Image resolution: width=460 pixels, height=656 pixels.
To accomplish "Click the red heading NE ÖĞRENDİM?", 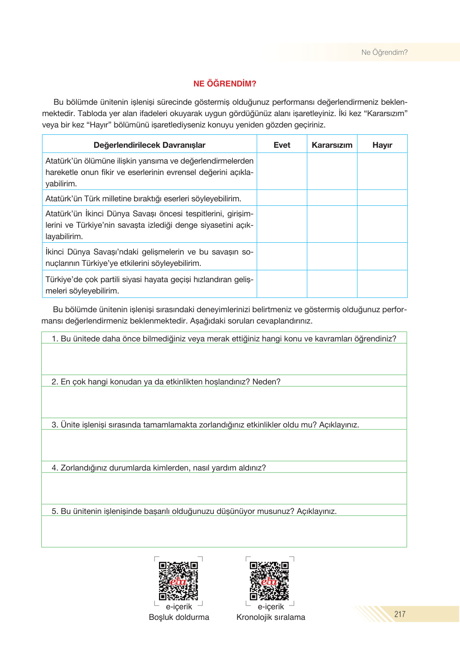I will click(225, 84).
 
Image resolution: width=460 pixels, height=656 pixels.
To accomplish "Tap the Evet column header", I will click(282, 145).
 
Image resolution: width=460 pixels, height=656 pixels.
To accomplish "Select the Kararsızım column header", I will click(332, 145).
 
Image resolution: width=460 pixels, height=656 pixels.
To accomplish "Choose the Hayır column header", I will click(382, 145).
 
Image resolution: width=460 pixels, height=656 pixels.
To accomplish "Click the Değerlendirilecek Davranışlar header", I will click(149, 145).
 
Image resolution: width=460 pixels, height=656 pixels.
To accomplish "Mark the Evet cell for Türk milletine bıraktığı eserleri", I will click(282, 198).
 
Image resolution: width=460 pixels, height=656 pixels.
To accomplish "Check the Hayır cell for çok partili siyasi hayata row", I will click(382, 284).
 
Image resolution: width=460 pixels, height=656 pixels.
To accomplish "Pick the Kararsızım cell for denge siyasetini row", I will click(332, 224).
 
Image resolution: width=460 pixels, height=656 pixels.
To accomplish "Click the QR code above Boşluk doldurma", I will click(178, 581).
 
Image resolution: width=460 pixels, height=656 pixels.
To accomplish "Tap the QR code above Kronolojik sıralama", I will click(269, 581).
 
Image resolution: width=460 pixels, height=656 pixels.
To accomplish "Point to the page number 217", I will click(400, 614).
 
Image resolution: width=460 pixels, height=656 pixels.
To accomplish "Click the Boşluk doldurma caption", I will click(179, 617).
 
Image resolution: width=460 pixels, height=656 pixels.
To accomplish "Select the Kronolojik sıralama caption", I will click(271, 617).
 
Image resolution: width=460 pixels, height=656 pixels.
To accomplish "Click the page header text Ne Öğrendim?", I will click(384, 52).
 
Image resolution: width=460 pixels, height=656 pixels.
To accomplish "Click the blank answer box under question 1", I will click(224, 359).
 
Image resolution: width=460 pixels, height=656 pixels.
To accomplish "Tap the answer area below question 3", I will click(224, 445).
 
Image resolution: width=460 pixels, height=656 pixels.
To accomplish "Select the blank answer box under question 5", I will click(224, 531).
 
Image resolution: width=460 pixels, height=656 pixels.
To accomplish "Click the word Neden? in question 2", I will click(267, 382).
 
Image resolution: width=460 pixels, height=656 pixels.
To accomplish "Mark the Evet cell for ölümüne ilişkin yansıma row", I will click(282, 171).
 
